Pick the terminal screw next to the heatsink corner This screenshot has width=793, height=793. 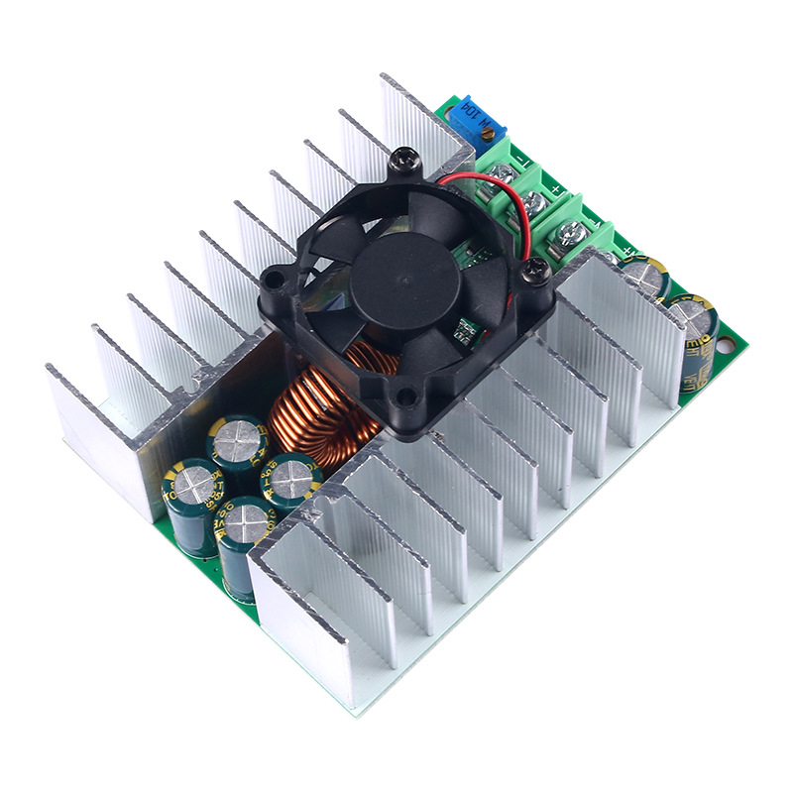[569, 236]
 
